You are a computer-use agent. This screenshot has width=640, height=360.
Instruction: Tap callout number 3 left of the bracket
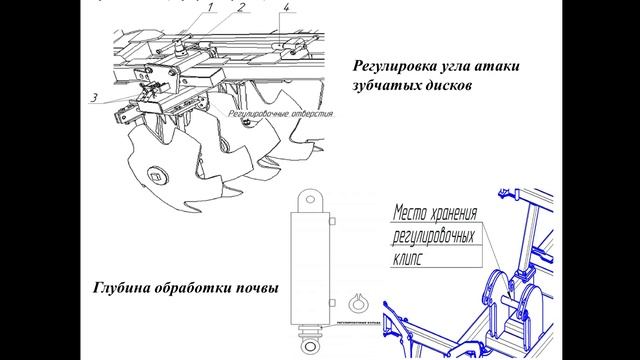click(x=93, y=98)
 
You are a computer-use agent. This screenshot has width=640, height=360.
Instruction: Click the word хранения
click(x=468, y=213)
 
